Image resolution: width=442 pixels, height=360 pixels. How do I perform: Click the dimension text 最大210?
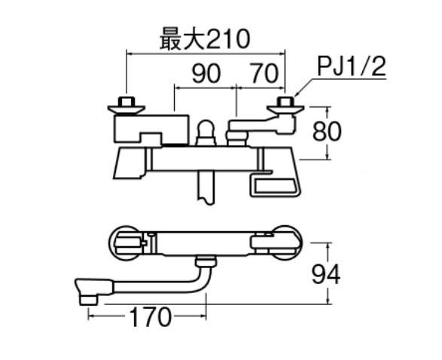click(x=205, y=40)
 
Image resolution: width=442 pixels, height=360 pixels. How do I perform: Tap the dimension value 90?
click(x=206, y=74)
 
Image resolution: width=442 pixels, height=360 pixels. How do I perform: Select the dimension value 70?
click(x=264, y=74)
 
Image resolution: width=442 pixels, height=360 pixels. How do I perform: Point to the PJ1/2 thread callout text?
click(x=351, y=67)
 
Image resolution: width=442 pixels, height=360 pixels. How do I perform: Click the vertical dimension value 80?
click(x=327, y=131)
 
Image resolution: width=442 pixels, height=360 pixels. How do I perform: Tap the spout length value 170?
click(x=151, y=317)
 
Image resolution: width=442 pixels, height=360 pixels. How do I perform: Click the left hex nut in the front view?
click(x=127, y=102)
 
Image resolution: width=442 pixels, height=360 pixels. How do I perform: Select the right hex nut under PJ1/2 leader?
click(x=285, y=102)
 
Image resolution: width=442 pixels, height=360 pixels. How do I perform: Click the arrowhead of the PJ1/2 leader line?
click(x=296, y=96)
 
